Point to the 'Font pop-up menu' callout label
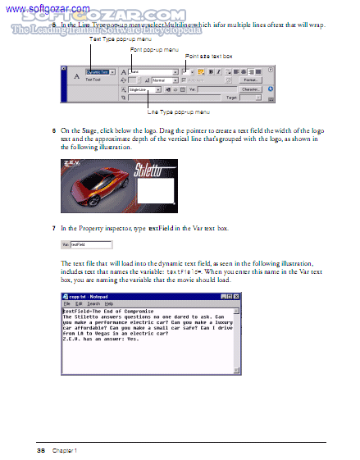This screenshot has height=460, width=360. click(x=154, y=50)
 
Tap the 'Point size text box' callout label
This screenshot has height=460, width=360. click(x=209, y=56)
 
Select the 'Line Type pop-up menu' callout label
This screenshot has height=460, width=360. click(x=178, y=111)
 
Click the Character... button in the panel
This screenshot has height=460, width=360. click(x=250, y=89)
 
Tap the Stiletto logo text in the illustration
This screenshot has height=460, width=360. click(x=154, y=173)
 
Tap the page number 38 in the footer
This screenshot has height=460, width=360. click(x=40, y=450)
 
